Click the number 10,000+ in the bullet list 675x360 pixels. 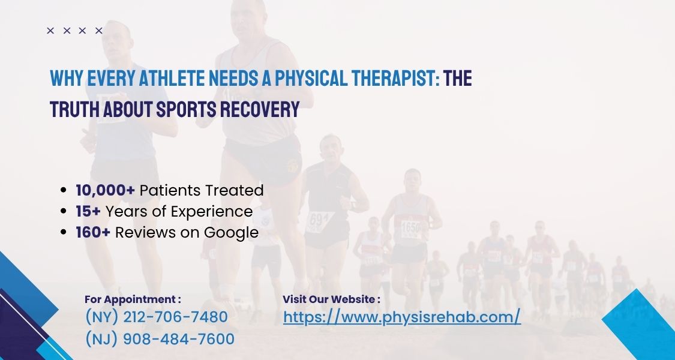pyautogui.click(x=105, y=190)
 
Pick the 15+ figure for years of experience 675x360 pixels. pyautogui.click(x=88, y=211)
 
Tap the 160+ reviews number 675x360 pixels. pyautogui.click(x=93, y=232)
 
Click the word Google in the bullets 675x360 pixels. pyautogui.click(x=232, y=233)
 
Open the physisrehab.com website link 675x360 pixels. pyautogui.click(x=401, y=317)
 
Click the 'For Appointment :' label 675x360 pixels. pyautogui.click(x=133, y=299)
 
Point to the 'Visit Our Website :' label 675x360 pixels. pyautogui.click(x=331, y=299)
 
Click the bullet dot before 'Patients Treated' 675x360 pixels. pyautogui.click(x=64, y=191)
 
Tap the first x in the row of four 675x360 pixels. pyautogui.click(x=50, y=31)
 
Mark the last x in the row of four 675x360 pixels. pyautogui.click(x=99, y=31)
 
